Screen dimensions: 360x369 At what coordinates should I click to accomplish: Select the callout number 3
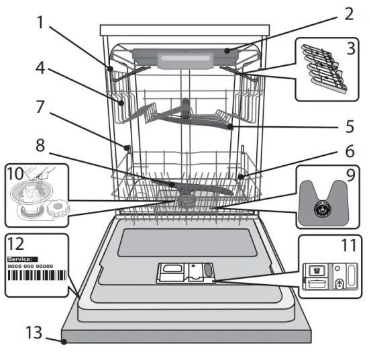pos(349,48)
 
